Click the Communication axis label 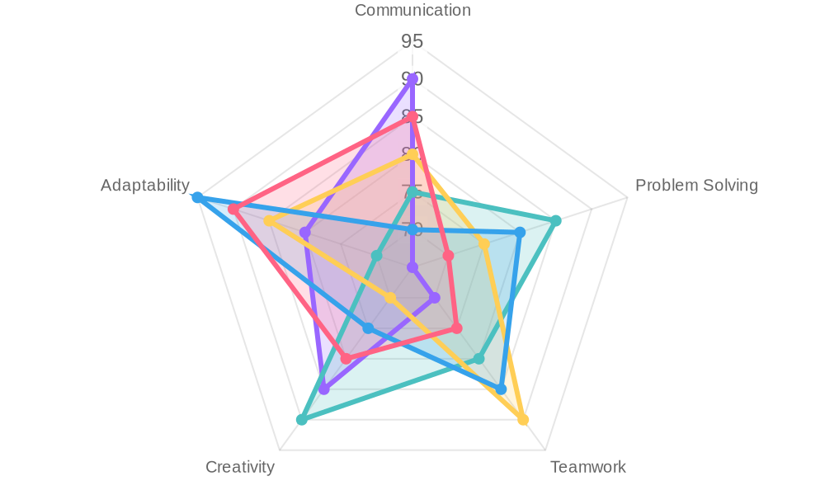tap(412, 11)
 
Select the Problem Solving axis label tap(695, 186)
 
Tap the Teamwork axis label tap(587, 467)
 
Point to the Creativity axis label tap(239, 467)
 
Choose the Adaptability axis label tap(144, 186)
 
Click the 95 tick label tap(412, 40)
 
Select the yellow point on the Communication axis tap(412, 154)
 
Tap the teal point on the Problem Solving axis tap(556, 220)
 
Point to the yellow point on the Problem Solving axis tap(484, 244)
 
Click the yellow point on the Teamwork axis tap(523, 420)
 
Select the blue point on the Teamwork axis tap(501, 389)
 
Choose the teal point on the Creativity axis tap(302, 420)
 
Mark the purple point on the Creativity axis tap(324, 389)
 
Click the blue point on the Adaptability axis tap(196, 197)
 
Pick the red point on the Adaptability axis tap(233, 210)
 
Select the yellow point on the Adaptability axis tap(269, 221)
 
